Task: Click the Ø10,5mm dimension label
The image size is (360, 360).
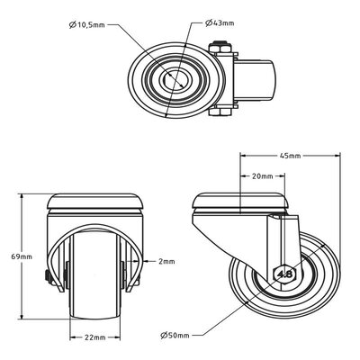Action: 86,25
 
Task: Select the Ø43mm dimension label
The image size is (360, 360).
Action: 220,23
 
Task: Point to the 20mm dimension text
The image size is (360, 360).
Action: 262,176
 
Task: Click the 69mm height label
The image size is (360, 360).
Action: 22,256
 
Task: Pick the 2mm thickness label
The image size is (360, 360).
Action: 166,261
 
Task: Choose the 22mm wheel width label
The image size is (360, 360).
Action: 94,337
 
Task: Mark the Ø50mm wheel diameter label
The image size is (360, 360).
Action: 175,335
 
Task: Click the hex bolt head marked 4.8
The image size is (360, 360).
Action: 284,274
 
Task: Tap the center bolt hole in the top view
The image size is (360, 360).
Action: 176,79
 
